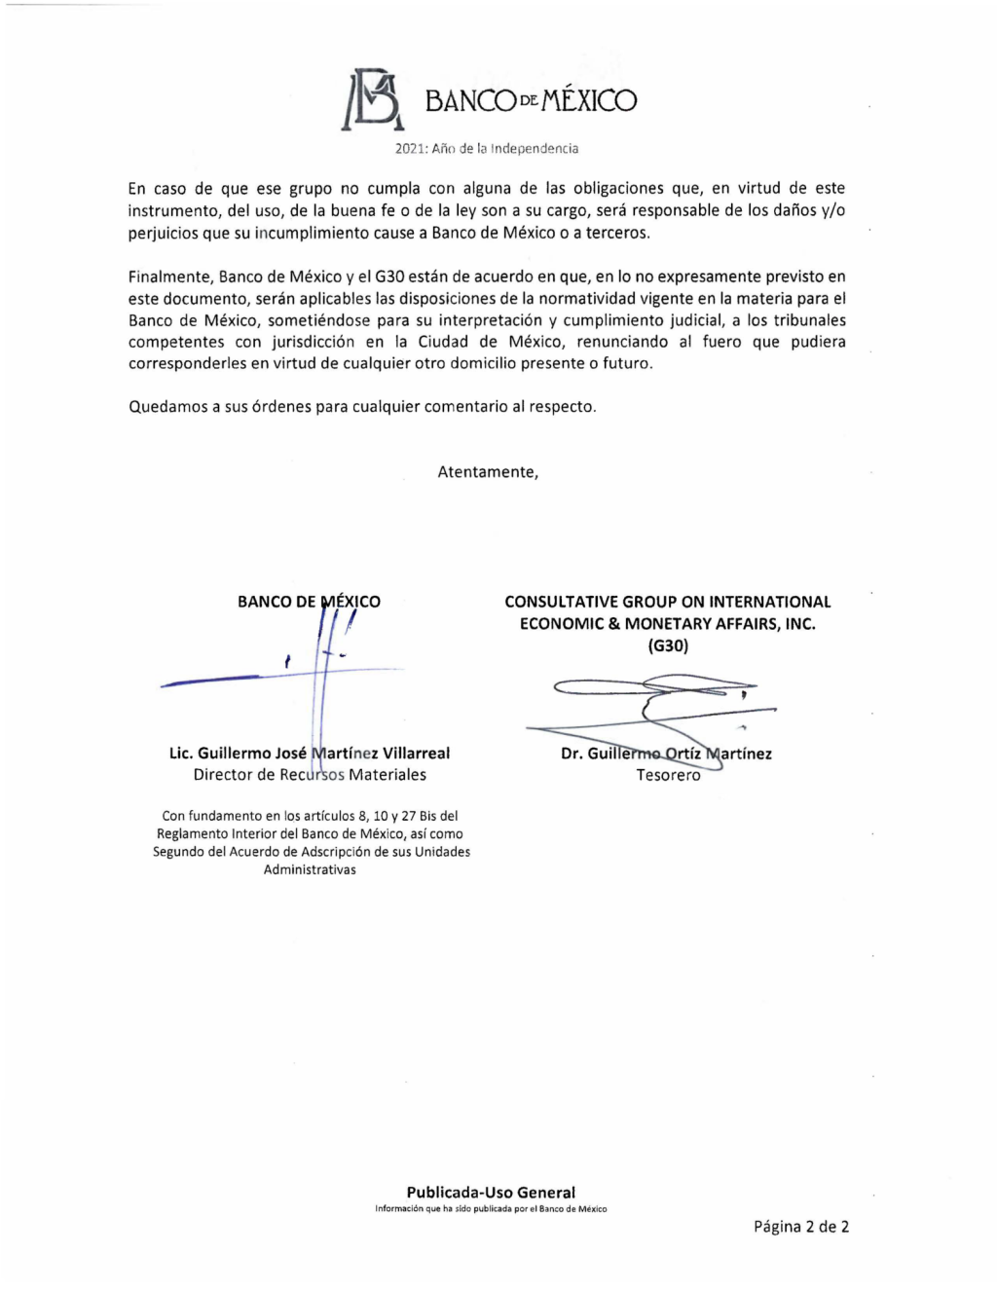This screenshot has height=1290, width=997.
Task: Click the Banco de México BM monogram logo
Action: point(371,99)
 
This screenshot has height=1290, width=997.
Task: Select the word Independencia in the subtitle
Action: point(535,149)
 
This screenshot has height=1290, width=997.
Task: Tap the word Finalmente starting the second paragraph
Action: point(169,277)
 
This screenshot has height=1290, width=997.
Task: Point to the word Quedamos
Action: point(168,407)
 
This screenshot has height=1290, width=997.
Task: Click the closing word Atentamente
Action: point(487,472)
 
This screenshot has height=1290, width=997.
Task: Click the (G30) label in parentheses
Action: point(668,645)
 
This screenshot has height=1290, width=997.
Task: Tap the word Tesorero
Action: point(668,776)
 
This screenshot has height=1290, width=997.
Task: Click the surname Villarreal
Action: point(416,754)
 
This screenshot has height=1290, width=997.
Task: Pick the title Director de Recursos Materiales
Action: point(310,775)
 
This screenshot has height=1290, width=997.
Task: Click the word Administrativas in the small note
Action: point(310,869)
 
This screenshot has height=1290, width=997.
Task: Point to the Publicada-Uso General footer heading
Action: point(491,1193)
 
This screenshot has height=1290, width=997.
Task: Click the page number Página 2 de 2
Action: point(800,1227)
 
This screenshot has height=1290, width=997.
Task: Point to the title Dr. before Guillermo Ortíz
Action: point(572,754)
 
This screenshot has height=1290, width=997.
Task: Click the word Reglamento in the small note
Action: point(192,834)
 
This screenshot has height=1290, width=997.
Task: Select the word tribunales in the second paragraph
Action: point(809,320)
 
